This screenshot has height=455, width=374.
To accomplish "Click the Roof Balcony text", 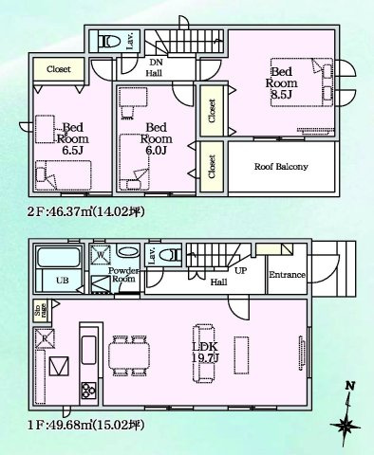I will click(280, 167).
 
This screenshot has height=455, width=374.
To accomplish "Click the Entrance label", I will click(286, 275).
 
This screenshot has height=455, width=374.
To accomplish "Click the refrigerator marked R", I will click(46, 337).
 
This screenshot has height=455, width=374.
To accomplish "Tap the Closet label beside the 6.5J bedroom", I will click(59, 68).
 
